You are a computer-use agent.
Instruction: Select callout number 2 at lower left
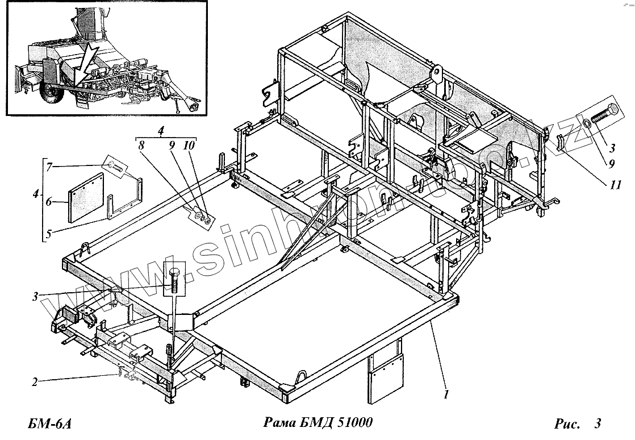tap(35, 382)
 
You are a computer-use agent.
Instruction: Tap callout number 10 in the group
tap(188, 145)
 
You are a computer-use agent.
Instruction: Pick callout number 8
tap(141, 145)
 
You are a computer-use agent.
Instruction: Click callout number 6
tap(49, 201)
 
